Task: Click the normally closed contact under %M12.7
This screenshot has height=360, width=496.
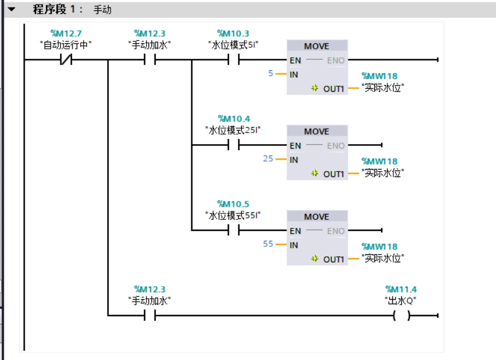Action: tap(65, 60)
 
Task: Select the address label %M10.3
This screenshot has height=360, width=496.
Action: tap(233, 33)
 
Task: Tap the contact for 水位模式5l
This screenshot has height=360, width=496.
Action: tap(233, 60)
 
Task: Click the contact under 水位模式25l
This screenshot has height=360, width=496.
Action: tap(233, 146)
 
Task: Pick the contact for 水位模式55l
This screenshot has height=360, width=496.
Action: tap(233, 231)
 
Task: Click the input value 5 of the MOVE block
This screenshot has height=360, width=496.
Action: tap(271, 73)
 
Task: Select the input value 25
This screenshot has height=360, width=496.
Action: tap(268, 159)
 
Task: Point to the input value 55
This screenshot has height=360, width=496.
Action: tap(268, 244)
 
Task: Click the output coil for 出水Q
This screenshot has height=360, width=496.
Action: tap(401, 316)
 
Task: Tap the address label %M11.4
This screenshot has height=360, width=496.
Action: tap(401, 289)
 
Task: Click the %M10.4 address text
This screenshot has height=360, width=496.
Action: tap(233, 119)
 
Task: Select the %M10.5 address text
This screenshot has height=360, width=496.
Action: tap(233, 204)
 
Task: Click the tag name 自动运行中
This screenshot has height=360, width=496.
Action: tap(65, 45)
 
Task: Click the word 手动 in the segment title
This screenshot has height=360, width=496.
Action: tap(102, 9)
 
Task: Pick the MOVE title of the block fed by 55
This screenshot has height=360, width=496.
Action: tap(317, 217)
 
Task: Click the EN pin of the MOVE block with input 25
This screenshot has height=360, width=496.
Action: tap(296, 146)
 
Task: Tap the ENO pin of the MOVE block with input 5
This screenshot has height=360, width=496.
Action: tap(335, 60)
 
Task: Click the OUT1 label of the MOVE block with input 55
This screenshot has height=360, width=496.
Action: tap(333, 259)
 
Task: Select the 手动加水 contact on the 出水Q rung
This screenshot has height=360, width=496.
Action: tap(150, 316)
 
